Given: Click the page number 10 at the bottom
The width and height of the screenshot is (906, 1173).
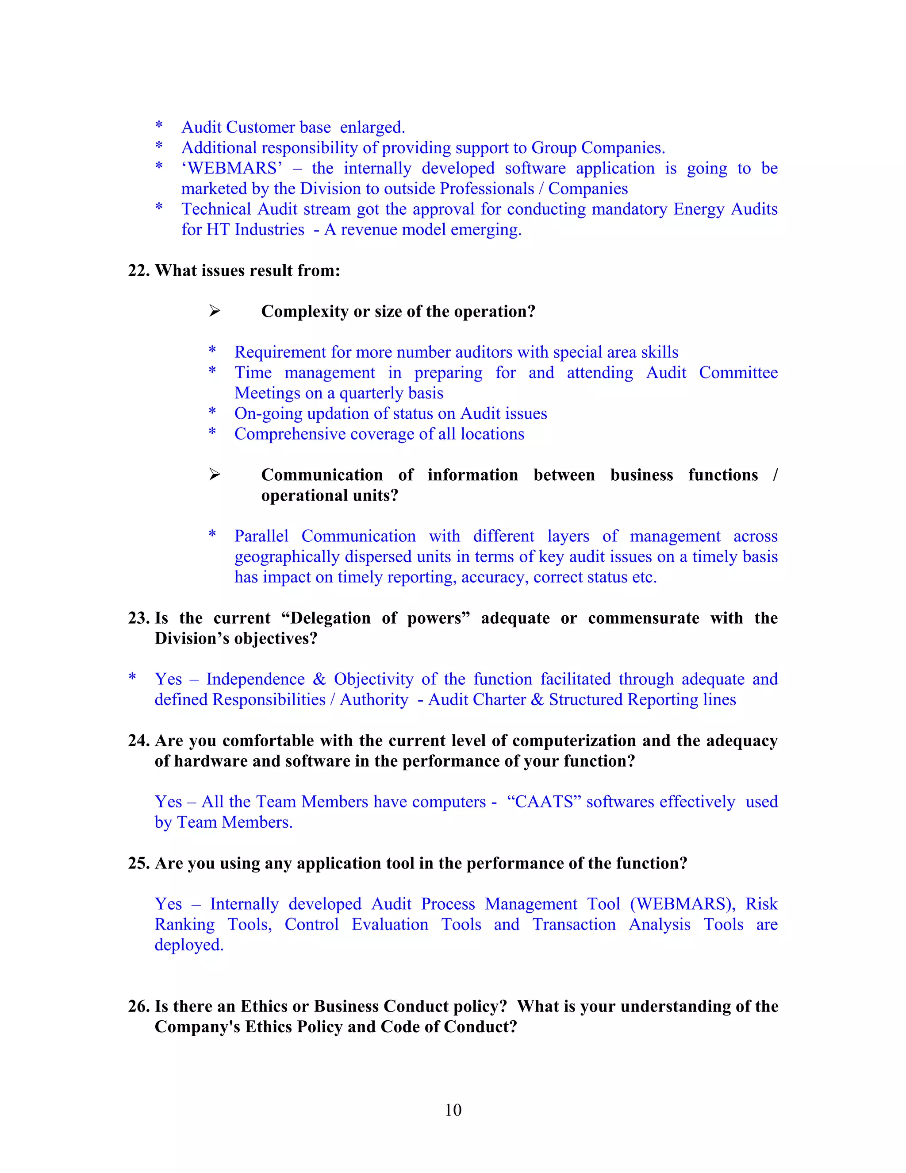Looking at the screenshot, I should pos(453,1110).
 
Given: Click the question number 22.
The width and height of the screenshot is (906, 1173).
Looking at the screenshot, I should pos(138,270).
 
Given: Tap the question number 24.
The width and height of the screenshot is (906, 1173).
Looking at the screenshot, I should pos(138,740).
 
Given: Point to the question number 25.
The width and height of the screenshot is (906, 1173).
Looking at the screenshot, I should pos(138,863).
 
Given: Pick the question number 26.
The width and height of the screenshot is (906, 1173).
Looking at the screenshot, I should pos(138,1006).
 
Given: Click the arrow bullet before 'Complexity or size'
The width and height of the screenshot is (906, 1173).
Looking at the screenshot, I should pos(215,311).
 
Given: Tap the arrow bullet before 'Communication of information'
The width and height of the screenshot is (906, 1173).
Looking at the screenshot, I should pos(215,474).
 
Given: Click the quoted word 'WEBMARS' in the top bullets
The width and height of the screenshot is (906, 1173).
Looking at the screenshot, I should pos(232,168).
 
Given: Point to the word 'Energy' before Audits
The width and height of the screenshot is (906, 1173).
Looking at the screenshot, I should pos(699,209).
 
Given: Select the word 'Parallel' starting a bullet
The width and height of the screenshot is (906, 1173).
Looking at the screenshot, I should pos(261,536).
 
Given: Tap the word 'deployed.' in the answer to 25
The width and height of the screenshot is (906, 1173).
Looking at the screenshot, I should pos(189,945).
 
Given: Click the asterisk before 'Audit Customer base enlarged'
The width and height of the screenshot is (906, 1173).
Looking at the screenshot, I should pos(159,126).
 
